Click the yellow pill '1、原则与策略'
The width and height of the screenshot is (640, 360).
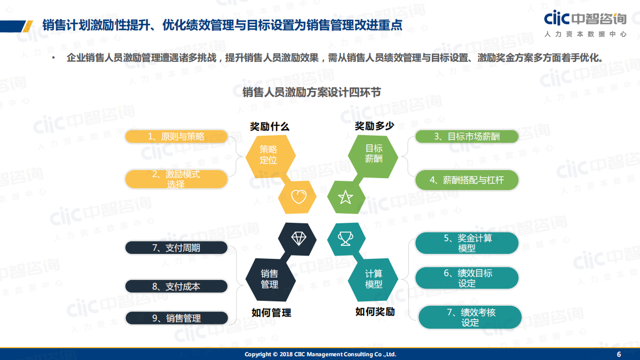click(x=176, y=137)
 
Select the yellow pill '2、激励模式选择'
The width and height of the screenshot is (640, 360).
click(x=176, y=179)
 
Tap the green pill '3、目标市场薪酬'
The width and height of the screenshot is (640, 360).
click(x=466, y=137)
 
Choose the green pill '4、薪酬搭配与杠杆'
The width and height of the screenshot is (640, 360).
click(x=466, y=180)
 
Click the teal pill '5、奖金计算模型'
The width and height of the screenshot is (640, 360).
click(x=467, y=243)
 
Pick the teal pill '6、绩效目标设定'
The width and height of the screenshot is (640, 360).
click(x=467, y=278)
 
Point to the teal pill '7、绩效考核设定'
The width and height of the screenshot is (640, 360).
click(x=470, y=317)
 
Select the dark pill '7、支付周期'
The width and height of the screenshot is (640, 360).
click(x=176, y=248)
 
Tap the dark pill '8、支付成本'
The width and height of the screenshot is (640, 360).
click(x=176, y=286)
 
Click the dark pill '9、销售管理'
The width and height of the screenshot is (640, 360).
click(x=176, y=318)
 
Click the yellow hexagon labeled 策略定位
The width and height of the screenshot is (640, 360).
click(x=270, y=155)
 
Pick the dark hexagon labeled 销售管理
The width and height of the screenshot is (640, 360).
click(x=269, y=279)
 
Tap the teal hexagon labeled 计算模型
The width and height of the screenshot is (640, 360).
click(x=373, y=279)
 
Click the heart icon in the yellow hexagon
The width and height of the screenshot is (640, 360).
click(x=298, y=197)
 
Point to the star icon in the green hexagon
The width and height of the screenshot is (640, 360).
click(x=345, y=197)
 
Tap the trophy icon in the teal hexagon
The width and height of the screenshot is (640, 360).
click(x=345, y=237)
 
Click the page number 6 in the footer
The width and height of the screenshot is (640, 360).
click(x=618, y=354)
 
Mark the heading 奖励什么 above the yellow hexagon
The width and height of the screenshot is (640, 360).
click(x=269, y=126)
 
